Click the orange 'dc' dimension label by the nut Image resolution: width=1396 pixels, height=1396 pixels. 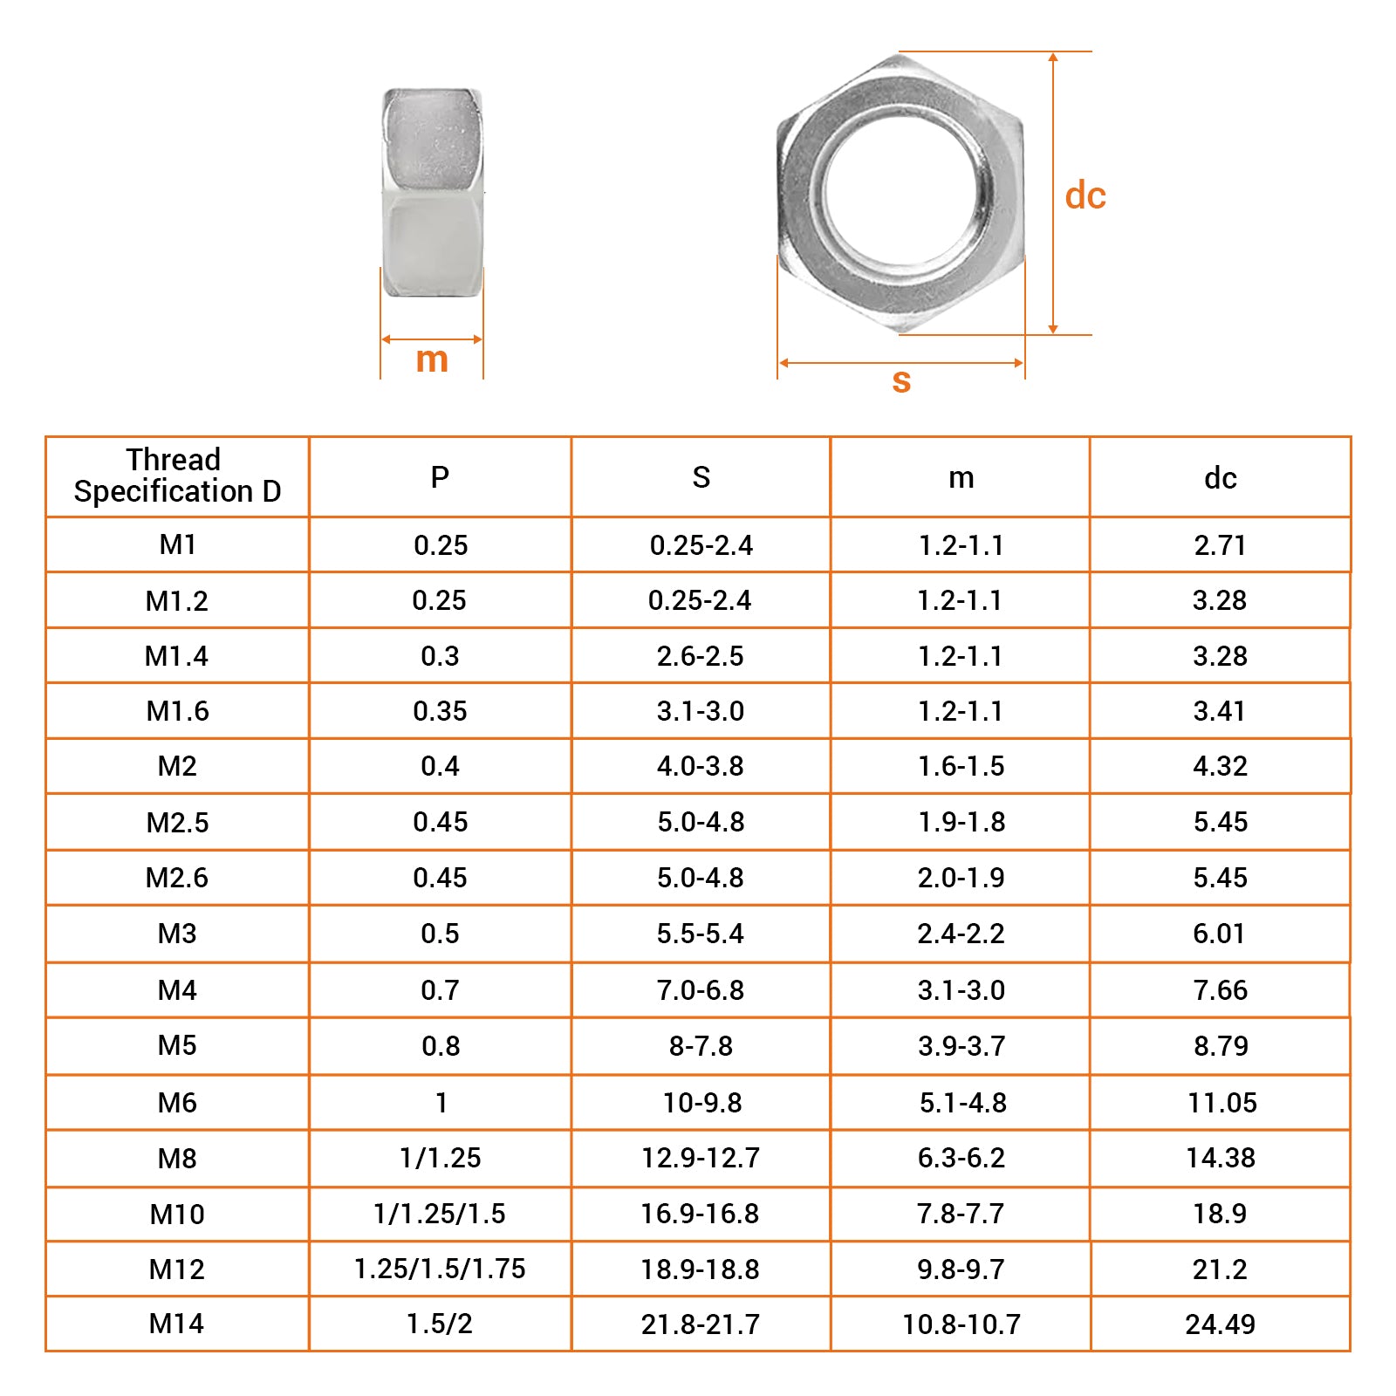(1085, 195)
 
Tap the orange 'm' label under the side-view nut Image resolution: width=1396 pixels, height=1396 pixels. (432, 359)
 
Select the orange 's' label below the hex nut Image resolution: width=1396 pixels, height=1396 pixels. (901, 380)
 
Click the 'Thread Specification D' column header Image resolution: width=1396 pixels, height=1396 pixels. (177, 476)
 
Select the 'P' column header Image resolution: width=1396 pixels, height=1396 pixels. (440, 477)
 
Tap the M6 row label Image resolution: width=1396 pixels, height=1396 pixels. (177, 1103)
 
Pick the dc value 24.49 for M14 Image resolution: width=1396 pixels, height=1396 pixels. (1220, 1324)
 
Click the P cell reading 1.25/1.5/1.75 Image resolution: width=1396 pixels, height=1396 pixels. (440, 1269)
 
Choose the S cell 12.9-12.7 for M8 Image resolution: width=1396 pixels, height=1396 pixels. (701, 1158)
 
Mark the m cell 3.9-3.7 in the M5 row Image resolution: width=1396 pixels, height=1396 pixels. (961, 1046)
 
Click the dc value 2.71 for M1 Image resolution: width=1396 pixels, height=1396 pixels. (1220, 545)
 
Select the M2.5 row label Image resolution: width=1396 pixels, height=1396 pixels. (177, 823)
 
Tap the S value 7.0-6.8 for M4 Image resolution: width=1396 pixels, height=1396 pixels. (701, 990)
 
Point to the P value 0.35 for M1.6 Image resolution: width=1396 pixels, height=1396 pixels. (440, 711)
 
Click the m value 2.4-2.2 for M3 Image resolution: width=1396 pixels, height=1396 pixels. (961, 934)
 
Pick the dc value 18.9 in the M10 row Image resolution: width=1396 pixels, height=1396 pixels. (1220, 1214)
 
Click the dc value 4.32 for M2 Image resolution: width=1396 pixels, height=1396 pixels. (1220, 766)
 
